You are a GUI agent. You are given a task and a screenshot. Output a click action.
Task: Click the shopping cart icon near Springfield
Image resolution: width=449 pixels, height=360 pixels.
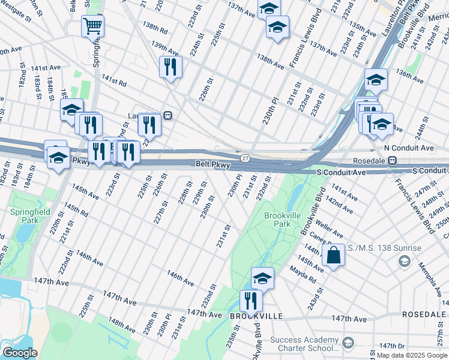point(92,26)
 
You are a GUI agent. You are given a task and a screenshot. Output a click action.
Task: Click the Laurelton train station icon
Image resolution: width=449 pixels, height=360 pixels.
point(169,116)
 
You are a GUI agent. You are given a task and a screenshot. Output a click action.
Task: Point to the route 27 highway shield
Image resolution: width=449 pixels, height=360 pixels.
point(246,158)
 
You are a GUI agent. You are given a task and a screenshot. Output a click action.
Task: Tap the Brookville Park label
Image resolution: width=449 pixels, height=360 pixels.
point(277,219)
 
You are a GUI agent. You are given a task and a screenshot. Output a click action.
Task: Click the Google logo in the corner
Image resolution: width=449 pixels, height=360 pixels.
point(20,353)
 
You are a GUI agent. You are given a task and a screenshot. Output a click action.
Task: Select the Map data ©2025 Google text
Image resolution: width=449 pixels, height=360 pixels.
point(412,355)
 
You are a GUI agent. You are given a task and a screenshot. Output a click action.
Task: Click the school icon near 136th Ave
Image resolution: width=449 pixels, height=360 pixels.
point(375,79)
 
